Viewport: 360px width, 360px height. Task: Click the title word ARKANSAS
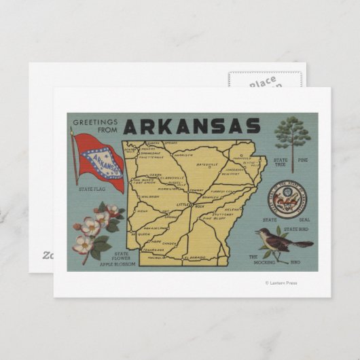pyautogui.click(x=192, y=126)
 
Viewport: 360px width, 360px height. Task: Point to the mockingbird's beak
pyautogui.click(x=257, y=231)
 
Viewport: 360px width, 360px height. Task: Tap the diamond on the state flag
pyautogui.click(x=99, y=161)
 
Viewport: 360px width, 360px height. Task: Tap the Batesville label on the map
pyautogui.click(x=208, y=165)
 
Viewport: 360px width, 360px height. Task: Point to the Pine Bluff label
pyautogui.click(x=211, y=220)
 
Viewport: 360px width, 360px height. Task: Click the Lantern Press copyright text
pyautogui.click(x=281, y=283)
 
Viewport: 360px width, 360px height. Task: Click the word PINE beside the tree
pyautogui.click(x=303, y=160)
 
